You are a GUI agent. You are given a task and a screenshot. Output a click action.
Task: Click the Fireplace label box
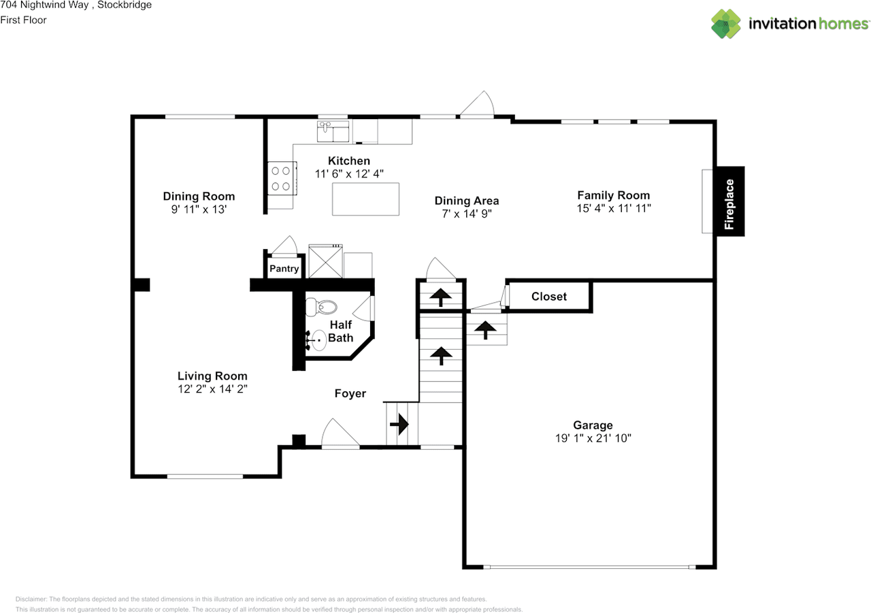pos(730,201)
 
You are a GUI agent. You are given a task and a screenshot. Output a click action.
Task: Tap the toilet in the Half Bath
pos(321,307)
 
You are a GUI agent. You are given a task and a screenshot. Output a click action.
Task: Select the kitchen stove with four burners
pos(282,178)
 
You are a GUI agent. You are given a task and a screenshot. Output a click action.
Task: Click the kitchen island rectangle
pos(365,199)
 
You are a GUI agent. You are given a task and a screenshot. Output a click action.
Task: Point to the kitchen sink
pos(333,131)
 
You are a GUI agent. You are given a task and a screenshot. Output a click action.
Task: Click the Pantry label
pos(284,269)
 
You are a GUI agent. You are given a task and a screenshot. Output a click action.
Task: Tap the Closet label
pos(549,297)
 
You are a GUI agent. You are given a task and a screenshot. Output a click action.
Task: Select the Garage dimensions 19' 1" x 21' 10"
pos(593,438)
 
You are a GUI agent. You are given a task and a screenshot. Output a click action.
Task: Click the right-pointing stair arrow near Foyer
pos(399,424)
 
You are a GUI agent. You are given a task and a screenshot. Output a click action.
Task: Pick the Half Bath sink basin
pos(319,340)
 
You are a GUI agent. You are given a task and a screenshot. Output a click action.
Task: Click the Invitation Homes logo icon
pos(726,24)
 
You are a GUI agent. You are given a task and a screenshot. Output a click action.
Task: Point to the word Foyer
pos(350,393)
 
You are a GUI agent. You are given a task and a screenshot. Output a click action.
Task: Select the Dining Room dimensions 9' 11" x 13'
pos(199,209)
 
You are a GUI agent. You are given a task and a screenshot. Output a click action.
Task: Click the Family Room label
pos(614,195)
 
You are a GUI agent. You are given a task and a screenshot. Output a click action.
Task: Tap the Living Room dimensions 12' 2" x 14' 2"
pos(213,388)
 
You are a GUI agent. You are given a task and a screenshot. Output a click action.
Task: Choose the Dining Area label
pos(467,201)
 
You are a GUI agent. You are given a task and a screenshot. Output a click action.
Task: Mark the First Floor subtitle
pos(23,20)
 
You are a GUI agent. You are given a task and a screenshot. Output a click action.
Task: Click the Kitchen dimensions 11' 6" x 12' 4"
pos(349,173)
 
